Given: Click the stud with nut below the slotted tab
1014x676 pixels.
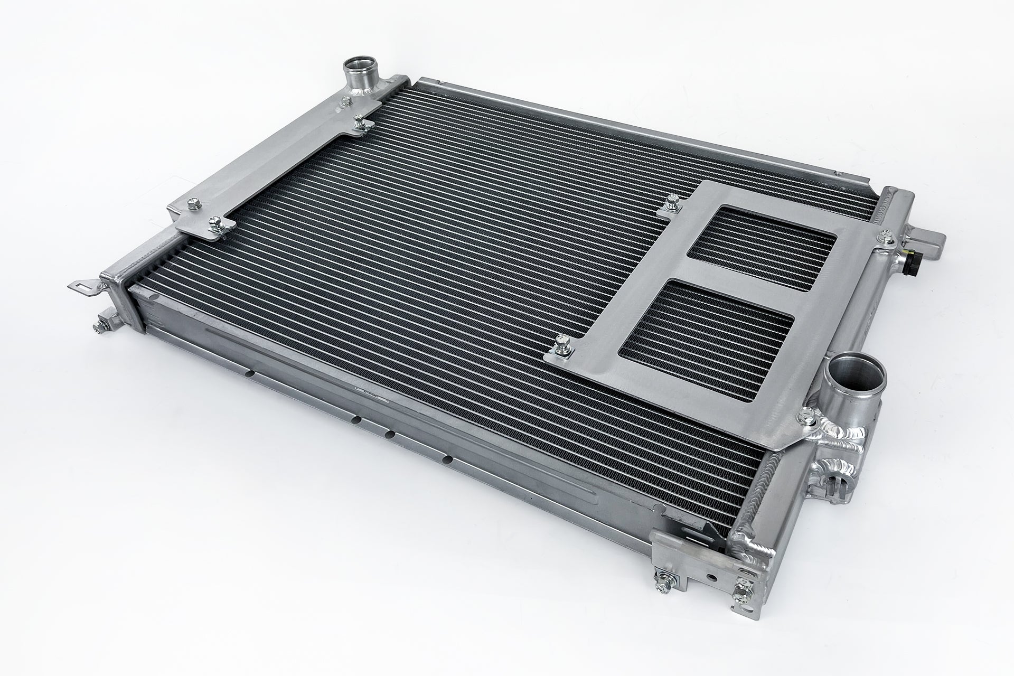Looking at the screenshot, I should (100, 323).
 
